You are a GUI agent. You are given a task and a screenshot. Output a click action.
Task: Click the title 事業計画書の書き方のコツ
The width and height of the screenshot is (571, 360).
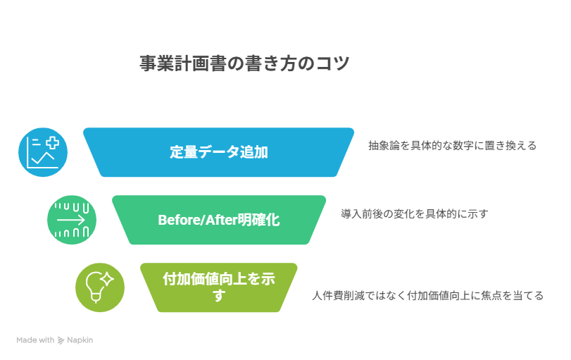[x=244, y=63]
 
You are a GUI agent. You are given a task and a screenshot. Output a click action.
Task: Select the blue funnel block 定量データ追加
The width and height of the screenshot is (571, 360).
[x=218, y=151]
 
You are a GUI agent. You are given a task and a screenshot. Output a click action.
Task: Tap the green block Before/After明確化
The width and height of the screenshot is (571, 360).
[x=218, y=220]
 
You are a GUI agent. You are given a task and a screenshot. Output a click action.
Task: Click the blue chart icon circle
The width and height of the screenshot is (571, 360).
[x=43, y=152]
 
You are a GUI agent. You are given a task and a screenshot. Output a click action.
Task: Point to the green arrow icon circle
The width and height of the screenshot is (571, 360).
[x=72, y=220]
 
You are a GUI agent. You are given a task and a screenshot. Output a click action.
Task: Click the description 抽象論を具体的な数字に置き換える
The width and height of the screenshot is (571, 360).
[x=452, y=146]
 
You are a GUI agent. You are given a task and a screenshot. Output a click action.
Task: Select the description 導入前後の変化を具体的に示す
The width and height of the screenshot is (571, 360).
[x=414, y=213]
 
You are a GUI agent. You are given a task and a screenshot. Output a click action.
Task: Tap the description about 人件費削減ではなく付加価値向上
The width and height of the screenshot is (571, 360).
[x=427, y=295]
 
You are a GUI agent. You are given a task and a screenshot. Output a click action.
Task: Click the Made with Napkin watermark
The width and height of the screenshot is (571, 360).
[x=55, y=340]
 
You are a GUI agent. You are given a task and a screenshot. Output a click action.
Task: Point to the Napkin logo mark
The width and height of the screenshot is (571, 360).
[x=61, y=340]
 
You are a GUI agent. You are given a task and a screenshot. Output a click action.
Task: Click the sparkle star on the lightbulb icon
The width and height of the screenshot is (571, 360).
[x=107, y=279]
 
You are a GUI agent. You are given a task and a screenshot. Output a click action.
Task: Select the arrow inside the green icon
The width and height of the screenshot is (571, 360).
[x=72, y=220]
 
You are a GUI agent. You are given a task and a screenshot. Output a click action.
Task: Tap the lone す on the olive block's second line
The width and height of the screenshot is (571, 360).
[x=218, y=297]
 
